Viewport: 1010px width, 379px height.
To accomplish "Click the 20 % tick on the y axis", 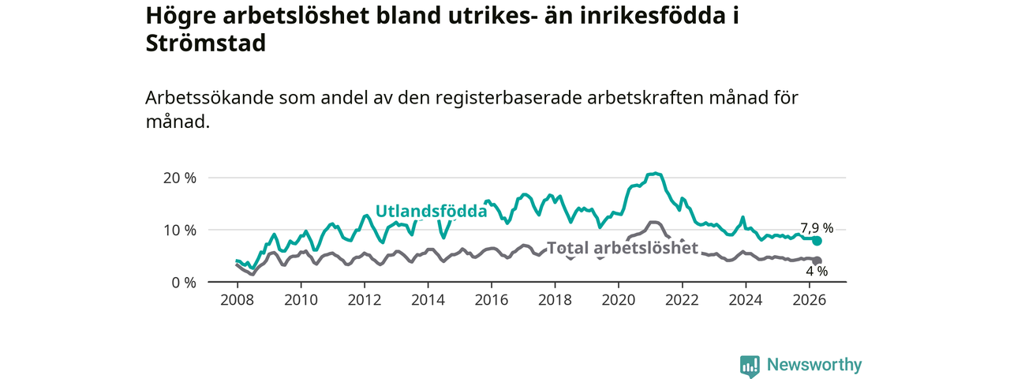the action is pos(179,178).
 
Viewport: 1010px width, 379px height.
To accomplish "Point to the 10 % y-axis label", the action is pos(179,231).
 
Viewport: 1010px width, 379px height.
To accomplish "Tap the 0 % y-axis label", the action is pos(184,283).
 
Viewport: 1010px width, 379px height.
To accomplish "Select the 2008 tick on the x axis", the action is pos(238,300).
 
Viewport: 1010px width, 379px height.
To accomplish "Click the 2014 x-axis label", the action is pos(428,300).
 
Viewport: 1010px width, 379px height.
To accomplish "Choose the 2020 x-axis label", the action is pos(619,300).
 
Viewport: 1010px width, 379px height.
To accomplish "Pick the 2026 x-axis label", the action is pos(810,300).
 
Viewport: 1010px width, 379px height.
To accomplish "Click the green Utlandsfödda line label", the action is pos(431,211).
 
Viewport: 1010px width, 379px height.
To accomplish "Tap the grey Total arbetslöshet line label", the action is pos(623,248).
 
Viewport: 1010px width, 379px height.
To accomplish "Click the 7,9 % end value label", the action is pos(817,228).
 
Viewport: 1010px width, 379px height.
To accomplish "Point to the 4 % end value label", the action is pos(817,271).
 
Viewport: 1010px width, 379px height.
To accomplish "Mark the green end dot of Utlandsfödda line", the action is pos(817,241).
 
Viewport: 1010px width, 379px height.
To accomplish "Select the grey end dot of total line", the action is pos(817,261).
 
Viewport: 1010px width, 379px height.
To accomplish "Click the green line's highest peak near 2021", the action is pos(656,173).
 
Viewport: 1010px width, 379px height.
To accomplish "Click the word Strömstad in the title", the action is pos(206,43).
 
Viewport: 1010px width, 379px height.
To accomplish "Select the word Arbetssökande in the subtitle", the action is pos(210,97).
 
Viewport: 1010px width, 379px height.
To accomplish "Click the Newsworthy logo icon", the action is pos(750,366).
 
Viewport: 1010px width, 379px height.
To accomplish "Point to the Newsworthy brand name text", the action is pos(814,364).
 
